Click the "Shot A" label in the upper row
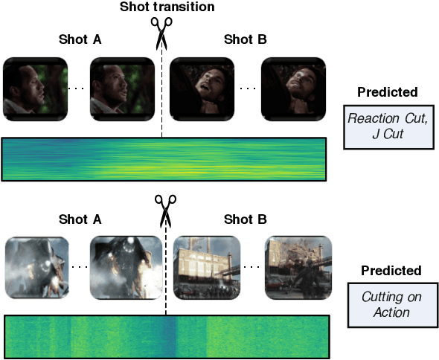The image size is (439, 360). pos(80,39)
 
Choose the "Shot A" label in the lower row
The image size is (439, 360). pos(80,219)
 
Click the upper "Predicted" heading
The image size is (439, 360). pos(387,92)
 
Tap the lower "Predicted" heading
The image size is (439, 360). pos(390,271)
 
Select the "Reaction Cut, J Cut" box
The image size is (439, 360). pos(388,126)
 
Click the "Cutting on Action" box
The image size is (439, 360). pos(391,304)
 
